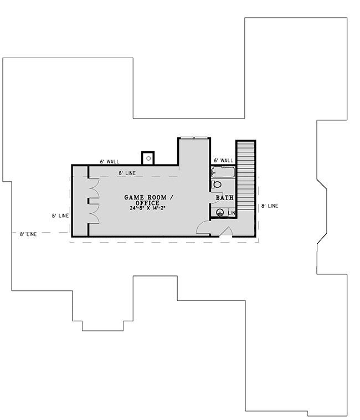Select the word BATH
224,197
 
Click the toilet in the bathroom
217,185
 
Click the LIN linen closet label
232,213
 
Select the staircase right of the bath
245,177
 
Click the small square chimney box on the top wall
147,158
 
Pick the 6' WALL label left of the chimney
110,161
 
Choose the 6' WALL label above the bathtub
223,161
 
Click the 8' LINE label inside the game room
127,173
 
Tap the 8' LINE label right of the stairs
270,206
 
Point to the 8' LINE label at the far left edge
28,234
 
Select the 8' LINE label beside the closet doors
60,216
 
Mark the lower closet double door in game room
94,213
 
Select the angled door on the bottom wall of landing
226,232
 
